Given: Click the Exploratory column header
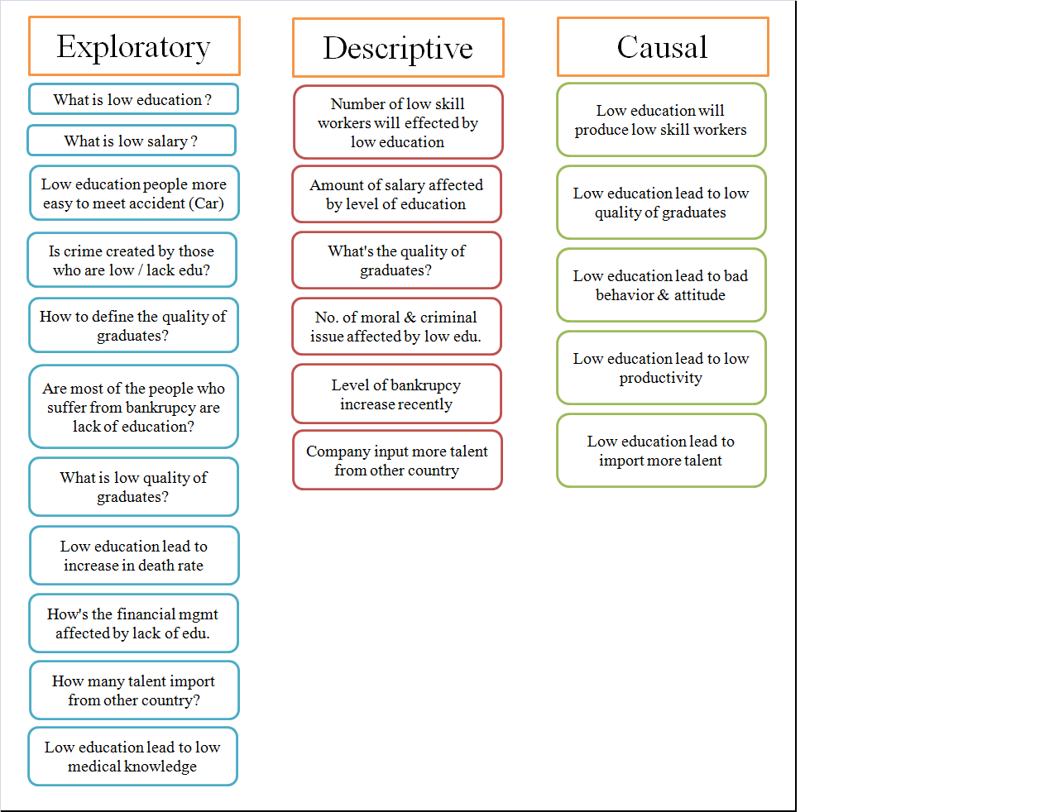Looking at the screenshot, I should pos(134,46).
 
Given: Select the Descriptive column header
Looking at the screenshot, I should pos(398,48).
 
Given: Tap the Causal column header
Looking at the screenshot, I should pos(663,47).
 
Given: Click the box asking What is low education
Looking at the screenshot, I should pos(133,99).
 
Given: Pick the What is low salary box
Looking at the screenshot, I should pos(132,141).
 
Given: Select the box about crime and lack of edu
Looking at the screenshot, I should pos(132,260).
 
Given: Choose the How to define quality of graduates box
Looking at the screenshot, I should pos(133,326).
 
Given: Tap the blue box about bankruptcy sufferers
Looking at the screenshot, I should pos(133,407).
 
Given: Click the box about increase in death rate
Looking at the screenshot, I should pos(134,556).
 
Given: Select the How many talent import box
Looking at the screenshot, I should pos(134,690).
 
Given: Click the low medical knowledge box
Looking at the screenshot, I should pos(132,757).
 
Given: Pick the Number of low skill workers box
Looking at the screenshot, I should pos(398,122).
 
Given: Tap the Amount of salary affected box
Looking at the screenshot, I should pos(396,194).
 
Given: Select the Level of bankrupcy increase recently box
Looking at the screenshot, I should pos(396,394).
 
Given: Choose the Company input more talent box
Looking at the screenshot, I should pos(397,461).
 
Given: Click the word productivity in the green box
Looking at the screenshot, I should pos(661,378).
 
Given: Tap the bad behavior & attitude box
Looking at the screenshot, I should pos(661,285).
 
